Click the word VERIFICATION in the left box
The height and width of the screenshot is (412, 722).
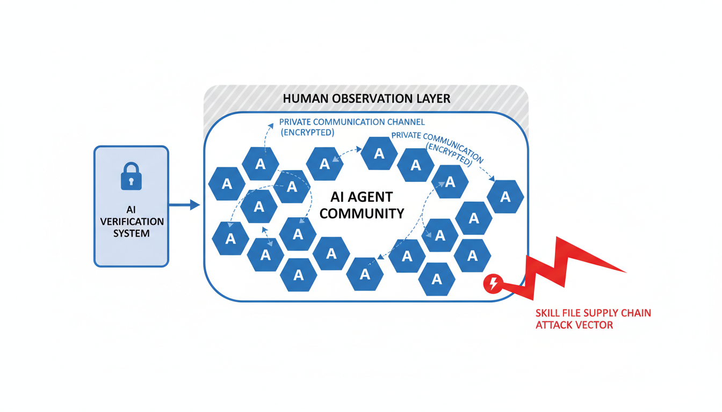coord(132,222)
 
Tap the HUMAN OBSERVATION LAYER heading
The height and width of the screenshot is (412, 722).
coord(366,99)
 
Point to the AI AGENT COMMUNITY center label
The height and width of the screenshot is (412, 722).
coord(362,205)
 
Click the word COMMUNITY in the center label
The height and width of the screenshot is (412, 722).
coord(362,214)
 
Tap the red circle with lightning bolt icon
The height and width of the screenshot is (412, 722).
coord(493,283)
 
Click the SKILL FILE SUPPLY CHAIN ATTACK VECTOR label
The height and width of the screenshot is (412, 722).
coord(593,319)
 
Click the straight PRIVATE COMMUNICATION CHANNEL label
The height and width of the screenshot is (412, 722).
coord(352,127)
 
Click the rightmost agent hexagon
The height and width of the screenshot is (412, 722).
coord(505,197)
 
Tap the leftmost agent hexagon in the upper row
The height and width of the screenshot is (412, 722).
coord(227,184)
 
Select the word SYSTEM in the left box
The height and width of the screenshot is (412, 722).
coord(132,233)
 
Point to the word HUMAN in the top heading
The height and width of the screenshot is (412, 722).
coord(305,99)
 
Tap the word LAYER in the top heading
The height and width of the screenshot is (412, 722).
coord(434,99)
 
